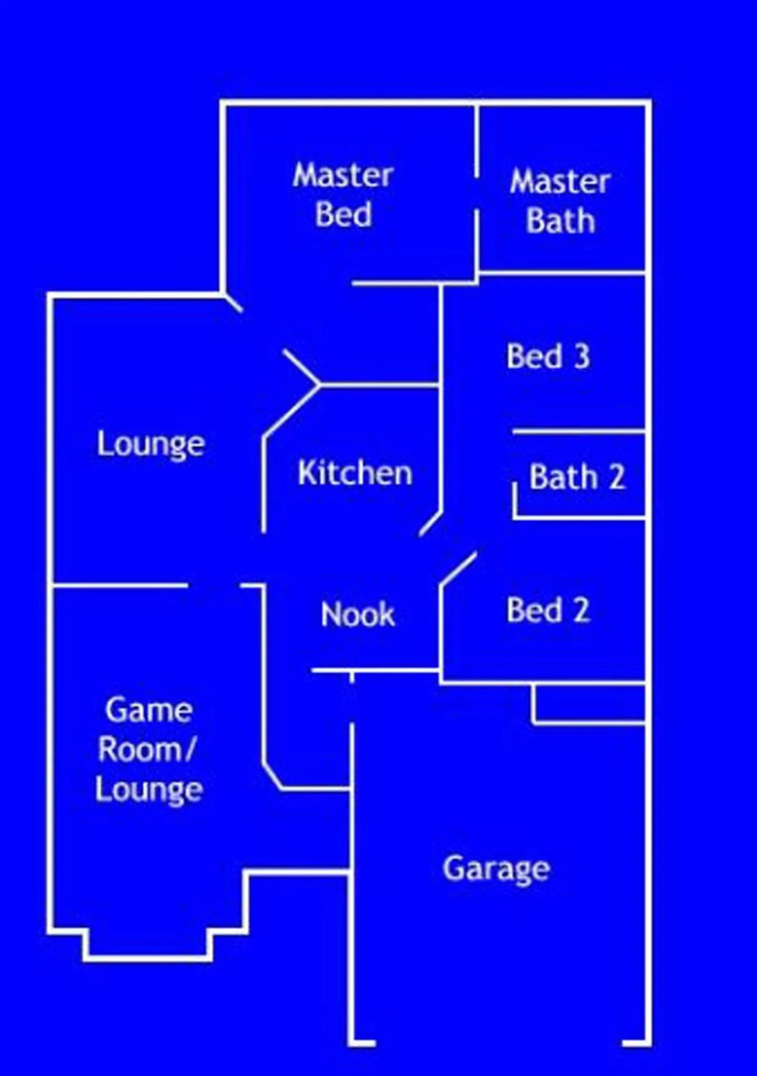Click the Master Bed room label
343,195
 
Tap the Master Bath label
560,201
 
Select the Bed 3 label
548,356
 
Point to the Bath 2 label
577,477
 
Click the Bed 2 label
548,610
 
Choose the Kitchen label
355,473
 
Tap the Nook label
358,614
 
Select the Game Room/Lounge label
149,750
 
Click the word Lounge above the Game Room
151,445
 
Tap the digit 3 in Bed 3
582,356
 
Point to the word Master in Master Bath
560,182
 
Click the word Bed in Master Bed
343,214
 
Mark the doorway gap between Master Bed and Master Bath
477,193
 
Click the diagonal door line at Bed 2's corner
458,568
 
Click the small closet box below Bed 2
589,704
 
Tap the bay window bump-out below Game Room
148,945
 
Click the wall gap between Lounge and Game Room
214,585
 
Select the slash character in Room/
190,750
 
